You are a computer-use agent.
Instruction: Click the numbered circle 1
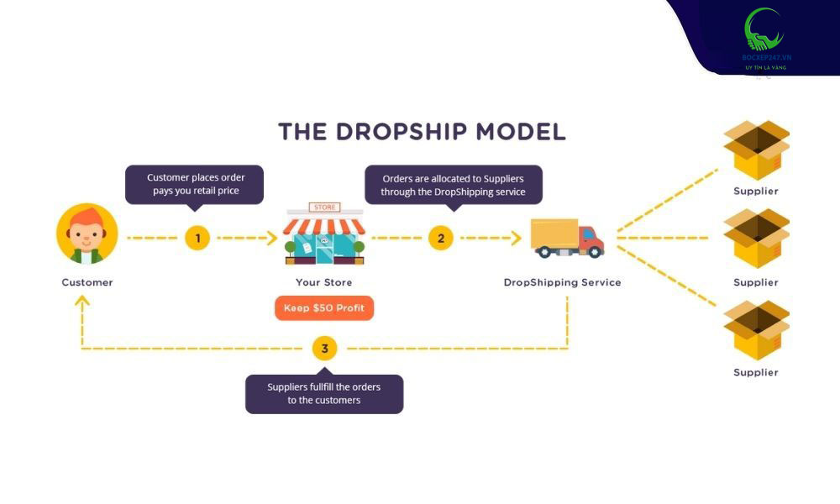pyautogui.click(x=197, y=238)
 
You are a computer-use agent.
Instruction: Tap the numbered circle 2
pyautogui.click(x=441, y=238)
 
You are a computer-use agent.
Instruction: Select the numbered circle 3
pyautogui.click(x=324, y=348)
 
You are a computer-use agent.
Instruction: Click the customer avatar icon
pyautogui.click(x=87, y=234)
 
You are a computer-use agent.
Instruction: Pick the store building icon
pyautogui.click(x=323, y=235)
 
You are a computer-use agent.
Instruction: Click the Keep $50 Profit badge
pyautogui.click(x=324, y=308)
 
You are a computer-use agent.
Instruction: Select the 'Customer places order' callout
pyautogui.click(x=195, y=184)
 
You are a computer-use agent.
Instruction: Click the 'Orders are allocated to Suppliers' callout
pyautogui.click(x=453, y=185)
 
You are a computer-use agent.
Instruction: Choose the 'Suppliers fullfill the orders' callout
pyautogui.click(x=324, y=393)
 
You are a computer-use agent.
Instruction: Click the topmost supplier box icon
pyautogui.click(x=756, y=150)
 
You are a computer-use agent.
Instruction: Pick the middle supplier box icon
pyautogui.click(x=756, y=239)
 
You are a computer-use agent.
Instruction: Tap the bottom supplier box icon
pyautogui.click(x=756, y=330)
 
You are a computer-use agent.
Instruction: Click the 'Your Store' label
pyautogui.click(x=324, y=282)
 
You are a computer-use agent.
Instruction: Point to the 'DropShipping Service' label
pyautogui.click(x=562, y=282)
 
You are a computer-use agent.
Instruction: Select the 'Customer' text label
pyautogui.click(x=87, y=282)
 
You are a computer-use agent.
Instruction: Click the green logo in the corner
pyautogui.click(x=764, y=31)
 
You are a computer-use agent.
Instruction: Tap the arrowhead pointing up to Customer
pyautogui.click(x=81, y=301)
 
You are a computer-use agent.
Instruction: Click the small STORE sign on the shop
pyautogui.click(x=323, y=207)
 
